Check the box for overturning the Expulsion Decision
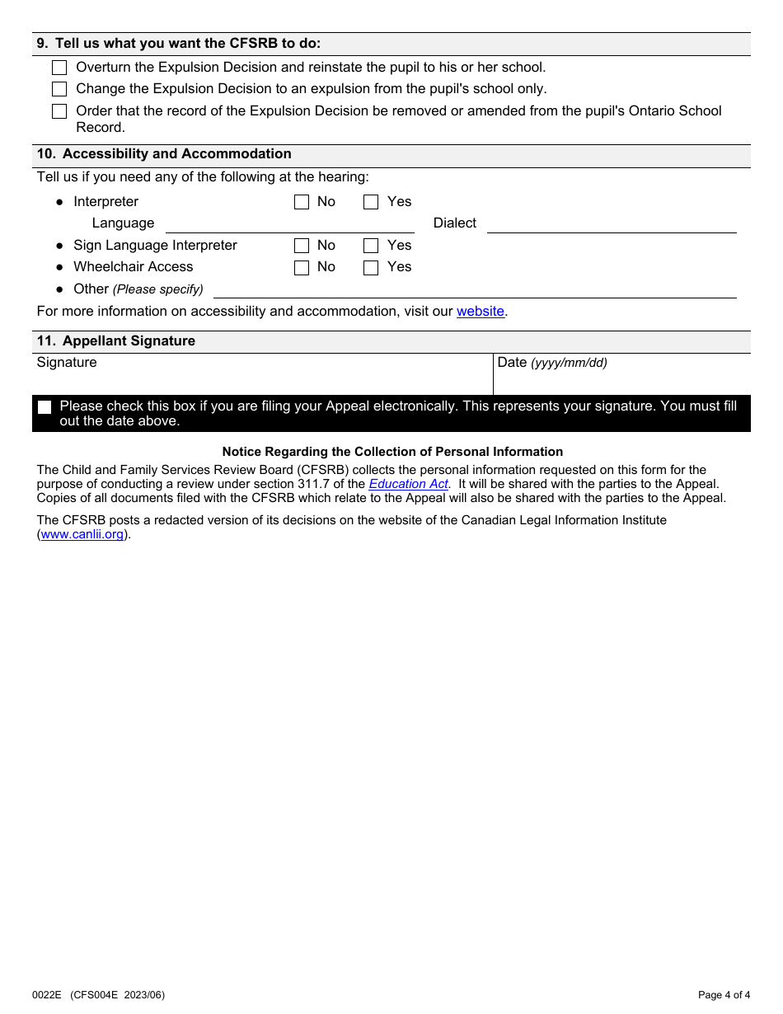click(59, 68)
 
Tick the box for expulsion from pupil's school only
click(59, 89)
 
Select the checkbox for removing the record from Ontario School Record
click(59, 111)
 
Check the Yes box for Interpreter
click(371, 202)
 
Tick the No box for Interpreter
click(302, 202)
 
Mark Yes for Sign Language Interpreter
click(371, 246)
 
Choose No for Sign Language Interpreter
click(302, 246)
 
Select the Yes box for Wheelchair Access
click(371, 267)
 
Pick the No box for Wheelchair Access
click(302, 267)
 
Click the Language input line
click(289, 223)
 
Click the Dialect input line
click(611, 223)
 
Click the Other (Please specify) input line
click(474, 289)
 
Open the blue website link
click(480, 312)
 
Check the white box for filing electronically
click(45, 407)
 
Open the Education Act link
click(408, 484)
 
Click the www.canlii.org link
click(82, 534)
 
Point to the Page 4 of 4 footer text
click(724, 995)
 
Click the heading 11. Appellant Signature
click(116, 341)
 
